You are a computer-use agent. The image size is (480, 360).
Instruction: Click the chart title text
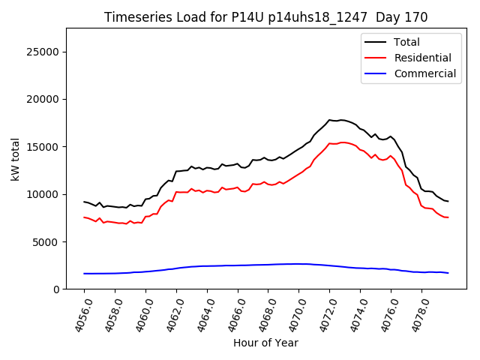click(266, 17)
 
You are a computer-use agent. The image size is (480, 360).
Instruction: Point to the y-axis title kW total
click(16, 159)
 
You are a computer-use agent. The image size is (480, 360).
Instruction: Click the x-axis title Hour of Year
click(265, 343)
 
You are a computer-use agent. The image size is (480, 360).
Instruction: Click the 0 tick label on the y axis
click(57, 289)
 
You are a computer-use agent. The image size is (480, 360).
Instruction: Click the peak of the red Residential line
click(341, 142)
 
